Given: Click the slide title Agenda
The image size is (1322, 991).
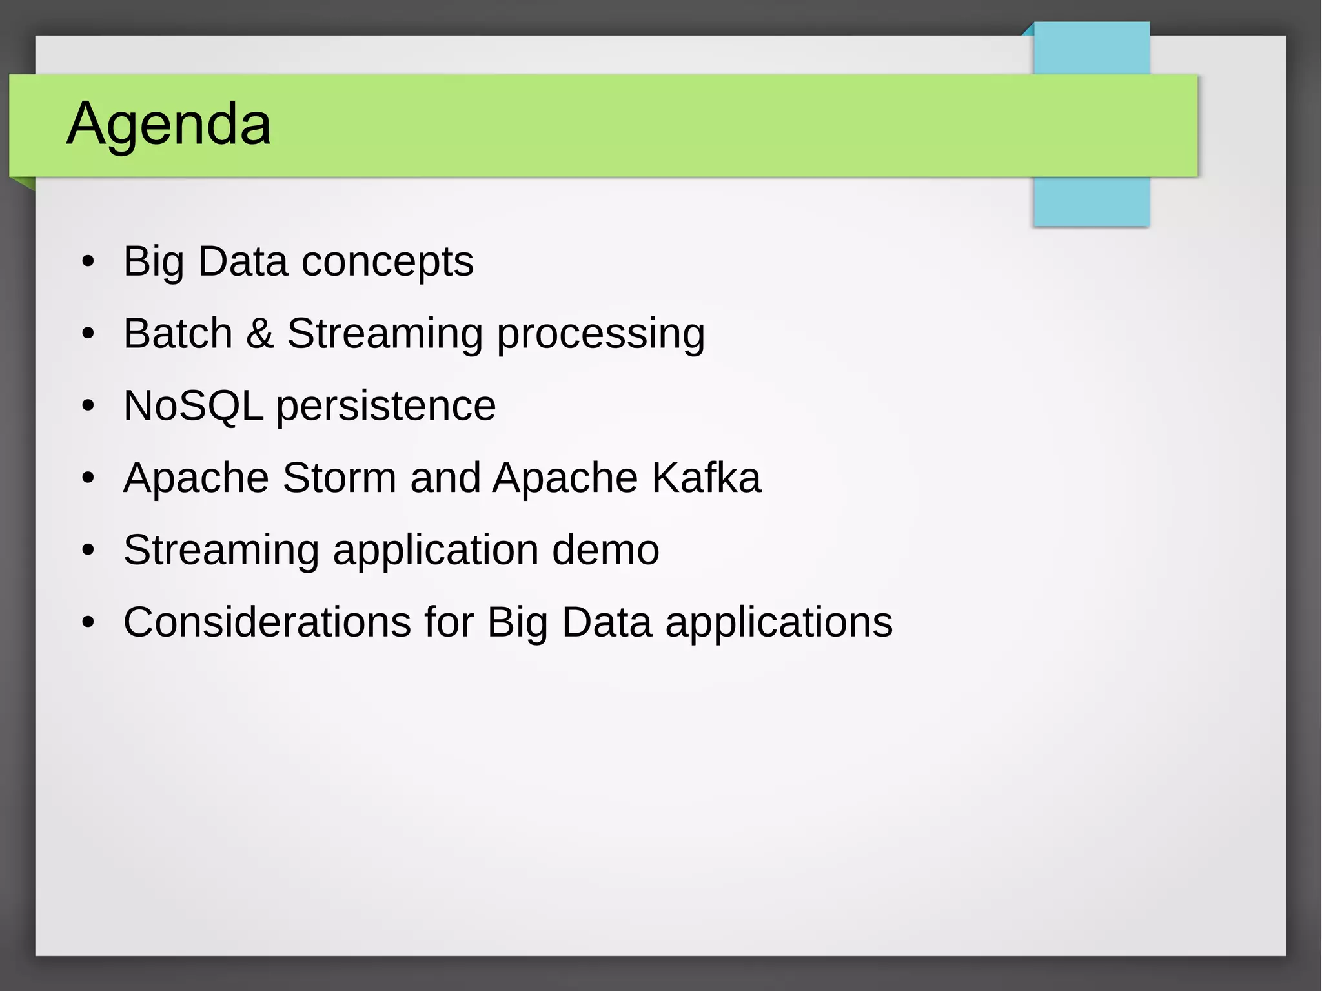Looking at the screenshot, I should point(168,123).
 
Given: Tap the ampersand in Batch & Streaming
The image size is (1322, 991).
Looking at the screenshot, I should point(259,334).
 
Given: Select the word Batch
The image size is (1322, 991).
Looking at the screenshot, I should point(178,334).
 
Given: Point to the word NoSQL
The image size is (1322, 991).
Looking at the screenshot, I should point(193,406).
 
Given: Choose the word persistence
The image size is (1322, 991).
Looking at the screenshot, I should point(386,407).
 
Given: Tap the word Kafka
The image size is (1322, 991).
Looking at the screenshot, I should point(706,478).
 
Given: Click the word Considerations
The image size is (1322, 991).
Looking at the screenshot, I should point(267,622).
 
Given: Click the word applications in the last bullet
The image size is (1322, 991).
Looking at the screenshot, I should point(778,624).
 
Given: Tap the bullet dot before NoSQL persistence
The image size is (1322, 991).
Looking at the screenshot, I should point(88,406).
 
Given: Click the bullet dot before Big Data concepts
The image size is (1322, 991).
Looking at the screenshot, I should point(88,262).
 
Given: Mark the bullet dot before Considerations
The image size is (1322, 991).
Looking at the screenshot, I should point(88,622).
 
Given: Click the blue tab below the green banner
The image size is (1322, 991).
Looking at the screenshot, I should point(1091,201).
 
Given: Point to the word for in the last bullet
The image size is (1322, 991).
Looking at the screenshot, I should point(449,622).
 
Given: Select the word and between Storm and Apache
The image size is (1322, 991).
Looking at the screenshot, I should point(445,478).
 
